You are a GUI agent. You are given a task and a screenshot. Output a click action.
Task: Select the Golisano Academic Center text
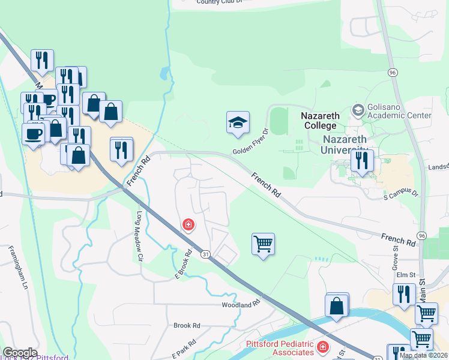[x=400, y=110]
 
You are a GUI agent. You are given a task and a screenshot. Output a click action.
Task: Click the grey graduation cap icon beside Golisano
[x=358, y=110]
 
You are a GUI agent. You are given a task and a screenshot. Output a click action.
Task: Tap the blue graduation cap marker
[x=238, y=123]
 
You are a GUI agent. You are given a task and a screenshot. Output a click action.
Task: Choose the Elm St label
[x=407, y=275]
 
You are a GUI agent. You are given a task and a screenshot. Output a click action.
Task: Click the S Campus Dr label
[x=400, y=194]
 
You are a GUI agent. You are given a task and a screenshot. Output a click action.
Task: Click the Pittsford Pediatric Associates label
[x=280, y=348]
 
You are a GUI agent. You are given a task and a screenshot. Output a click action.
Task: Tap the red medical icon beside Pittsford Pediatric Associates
[x=323, y=347]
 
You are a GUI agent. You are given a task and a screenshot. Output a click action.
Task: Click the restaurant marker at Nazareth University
[x=363, y=161]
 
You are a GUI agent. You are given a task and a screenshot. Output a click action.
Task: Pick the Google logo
[x=20, y=353]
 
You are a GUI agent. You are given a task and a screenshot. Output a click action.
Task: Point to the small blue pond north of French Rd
[x=164, y=74]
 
